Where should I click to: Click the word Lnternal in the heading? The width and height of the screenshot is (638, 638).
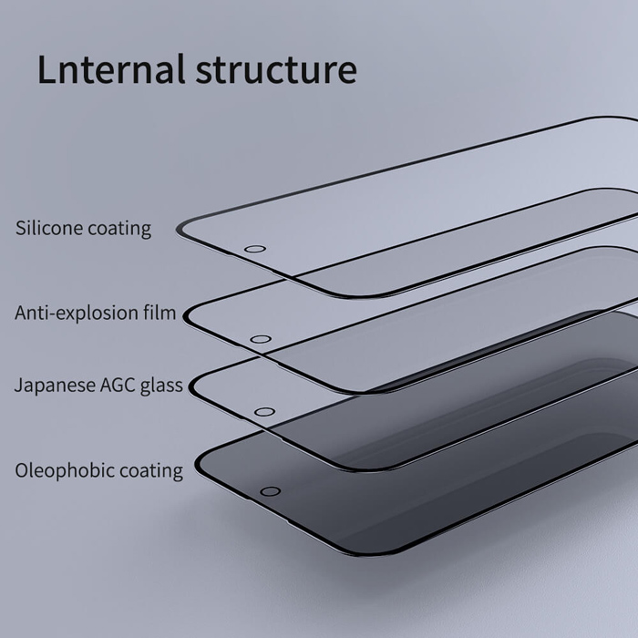click(108, 69)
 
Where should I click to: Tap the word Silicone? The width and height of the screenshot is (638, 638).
click(48, 227)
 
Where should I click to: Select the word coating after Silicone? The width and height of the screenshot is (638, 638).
click(119, 228)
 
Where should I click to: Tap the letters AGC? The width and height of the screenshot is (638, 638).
click(117, 386)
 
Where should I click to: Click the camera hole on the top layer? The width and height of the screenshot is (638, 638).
click(255, 249)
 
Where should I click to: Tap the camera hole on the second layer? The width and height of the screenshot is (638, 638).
click(260, 340)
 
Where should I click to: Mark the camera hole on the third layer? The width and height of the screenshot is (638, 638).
click(264, 412)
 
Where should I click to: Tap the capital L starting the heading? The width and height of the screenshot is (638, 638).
click(46, 69)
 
